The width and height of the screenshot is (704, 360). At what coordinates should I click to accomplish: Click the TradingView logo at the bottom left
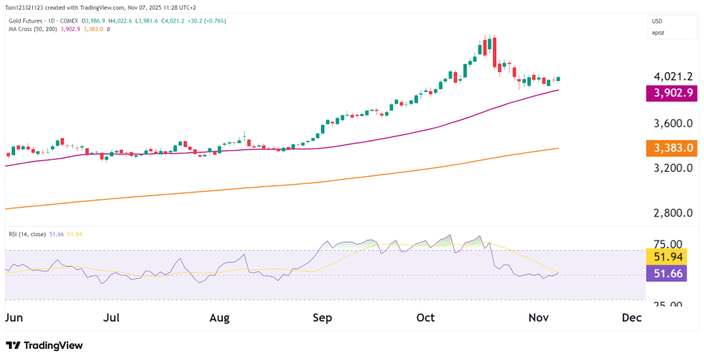44,345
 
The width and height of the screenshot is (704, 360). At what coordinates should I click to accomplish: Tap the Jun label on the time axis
14,318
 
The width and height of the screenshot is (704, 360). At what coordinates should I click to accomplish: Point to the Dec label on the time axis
631,318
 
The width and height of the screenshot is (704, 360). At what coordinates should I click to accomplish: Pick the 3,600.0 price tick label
672,124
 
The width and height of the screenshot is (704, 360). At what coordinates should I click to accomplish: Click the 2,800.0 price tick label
672,213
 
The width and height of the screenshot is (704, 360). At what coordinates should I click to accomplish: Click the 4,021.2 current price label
672,76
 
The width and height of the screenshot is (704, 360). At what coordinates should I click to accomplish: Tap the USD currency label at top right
659,21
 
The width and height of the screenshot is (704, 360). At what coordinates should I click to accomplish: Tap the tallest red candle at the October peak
494,52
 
